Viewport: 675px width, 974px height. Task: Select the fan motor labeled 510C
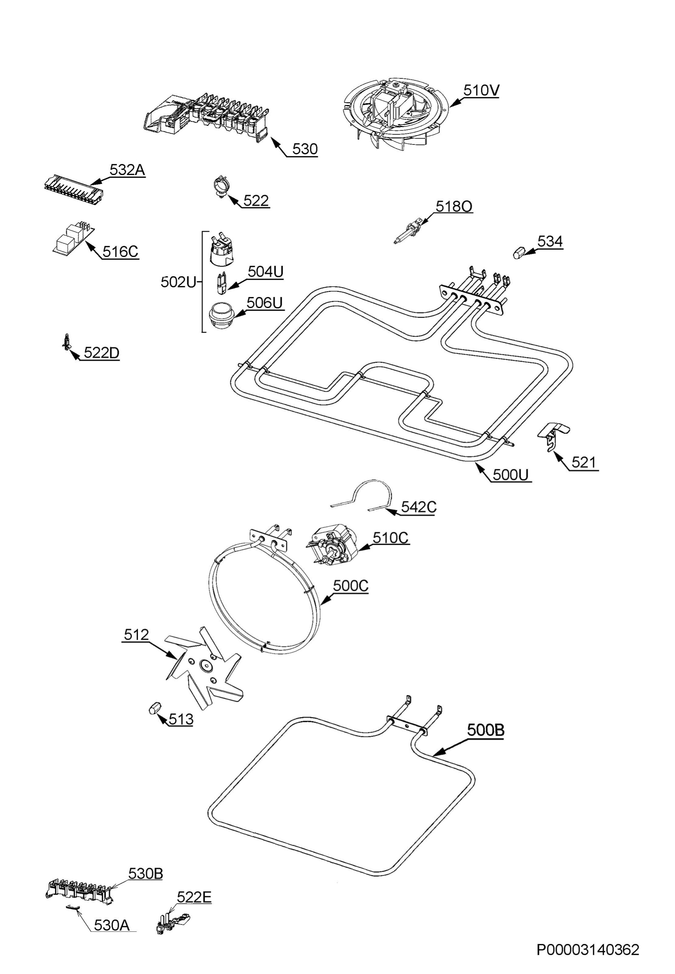click(334, 545)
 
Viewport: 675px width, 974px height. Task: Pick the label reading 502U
click(179, 282)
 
